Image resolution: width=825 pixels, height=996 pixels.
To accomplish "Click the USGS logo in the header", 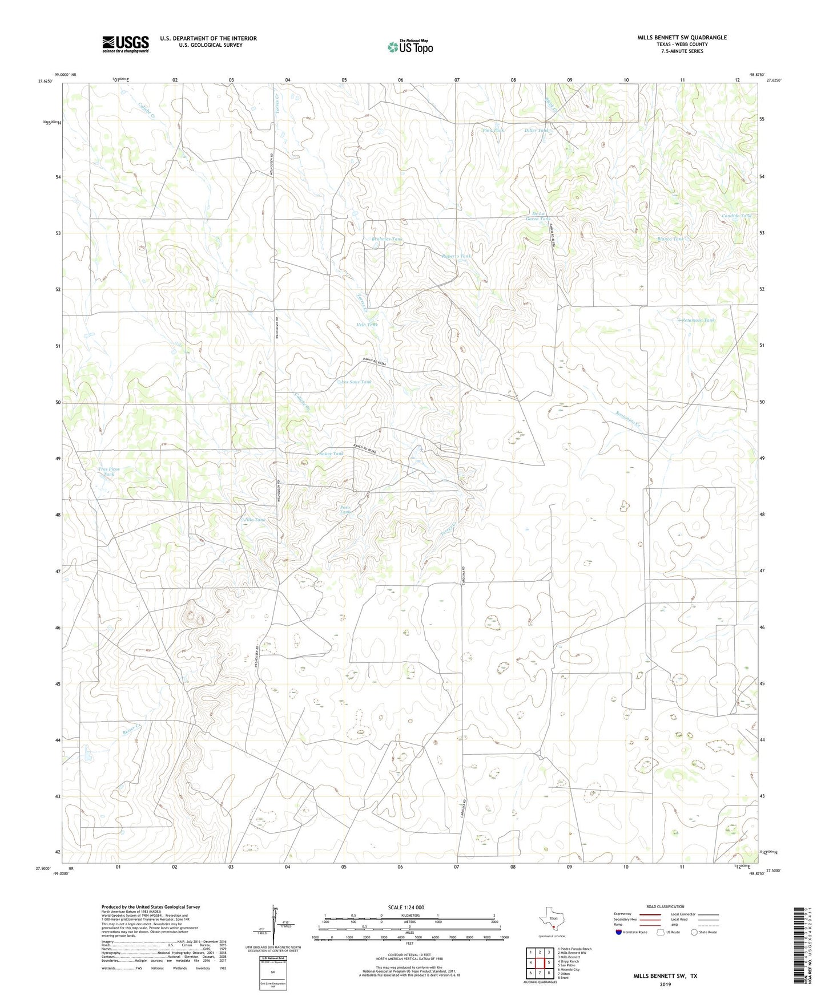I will tap(125, 44).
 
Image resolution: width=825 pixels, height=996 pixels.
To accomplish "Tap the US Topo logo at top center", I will tap(409, 47).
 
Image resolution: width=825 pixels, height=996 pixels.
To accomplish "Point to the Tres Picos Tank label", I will tap(108, 471).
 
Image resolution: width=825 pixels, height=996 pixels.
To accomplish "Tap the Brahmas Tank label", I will tap(387, 239).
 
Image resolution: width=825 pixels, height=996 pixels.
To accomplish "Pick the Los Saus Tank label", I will tap(356, 382).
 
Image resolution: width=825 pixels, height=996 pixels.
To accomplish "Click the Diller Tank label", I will tap(536, 131).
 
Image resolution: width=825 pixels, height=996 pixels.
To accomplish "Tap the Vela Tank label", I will tap(367, 325).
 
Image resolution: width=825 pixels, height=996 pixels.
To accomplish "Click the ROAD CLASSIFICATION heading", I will tap(665, 906).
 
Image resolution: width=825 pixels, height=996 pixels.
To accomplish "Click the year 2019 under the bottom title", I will tap(665, 984).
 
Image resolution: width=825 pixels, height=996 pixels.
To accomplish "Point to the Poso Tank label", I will tap(344, 509).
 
